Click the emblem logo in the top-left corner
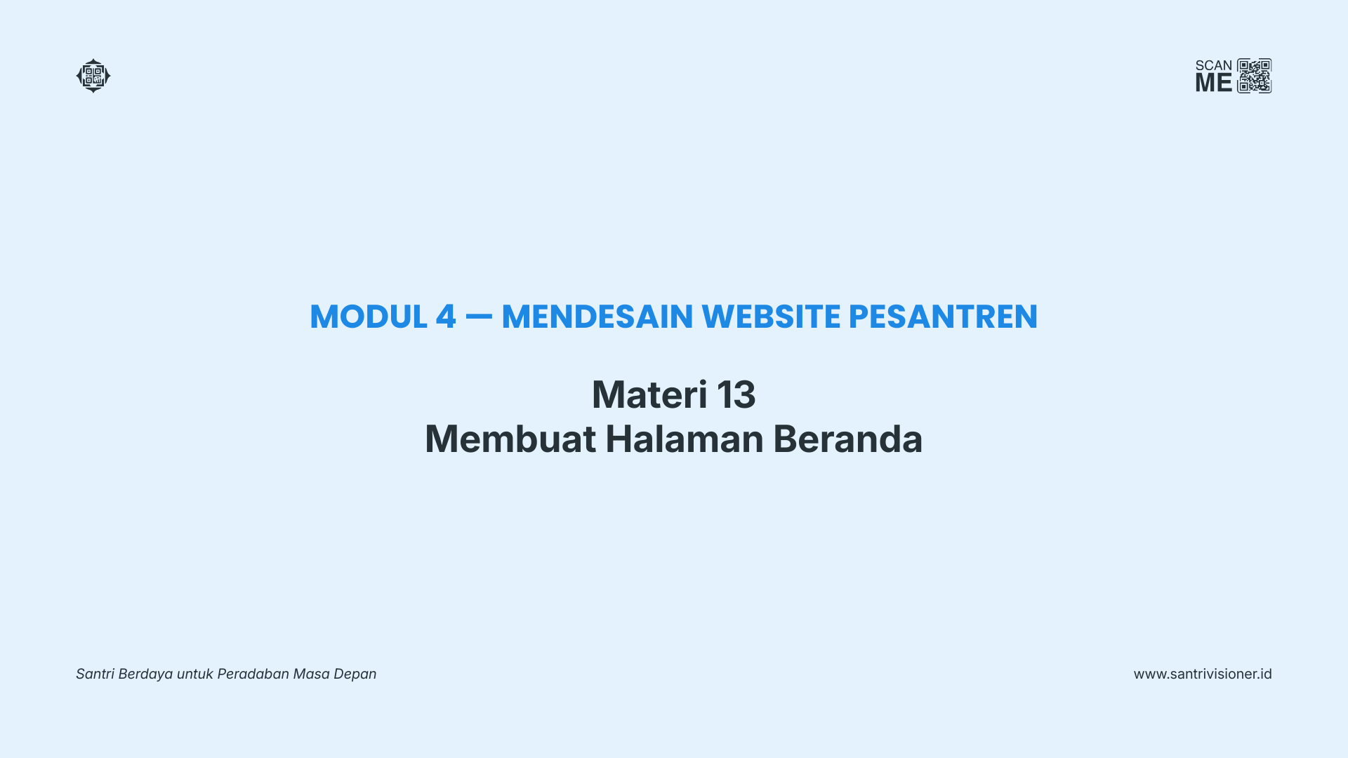tap(93, 76)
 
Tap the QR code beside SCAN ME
tap(1255, 76)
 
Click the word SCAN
tap(1214, 65)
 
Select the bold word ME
tap(1214, 83)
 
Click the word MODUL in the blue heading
tap(369, 317)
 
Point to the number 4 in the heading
tap(446, 317)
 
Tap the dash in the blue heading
tap(479, 317)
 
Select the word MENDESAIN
tap(597, 317)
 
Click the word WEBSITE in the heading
tap(771, 317)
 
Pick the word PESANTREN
tap(943, 317)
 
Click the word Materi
tap(649, 394)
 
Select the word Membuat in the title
tap(510, 439)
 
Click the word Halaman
tap(685, 439)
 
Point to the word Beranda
tap(848, 439)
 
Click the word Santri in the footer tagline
tap(95, 674)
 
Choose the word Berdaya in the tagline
tap(145, 674)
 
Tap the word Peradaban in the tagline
tap(253, 674)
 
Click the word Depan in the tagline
tap(355, 674)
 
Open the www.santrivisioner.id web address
tap(1203, 674)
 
